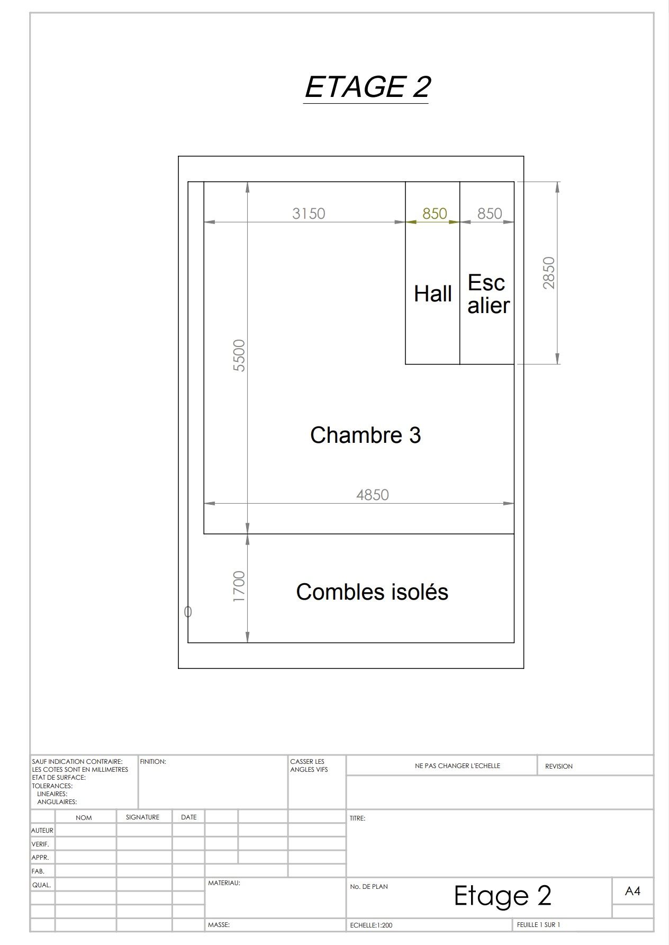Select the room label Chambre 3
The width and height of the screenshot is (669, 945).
coord(365,435)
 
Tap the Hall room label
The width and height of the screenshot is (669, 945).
coord(432,294)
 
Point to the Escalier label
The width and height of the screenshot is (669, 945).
coord(488,294)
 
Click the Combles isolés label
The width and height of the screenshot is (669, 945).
coord(372,592)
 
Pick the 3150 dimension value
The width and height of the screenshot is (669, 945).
coord(309,213)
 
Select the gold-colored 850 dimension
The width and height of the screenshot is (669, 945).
coord(435,213)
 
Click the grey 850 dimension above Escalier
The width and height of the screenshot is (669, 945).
coord(490,213)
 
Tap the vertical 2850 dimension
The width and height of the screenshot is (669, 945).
coord(549,273)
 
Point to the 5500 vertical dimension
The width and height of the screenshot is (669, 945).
coord(239,355)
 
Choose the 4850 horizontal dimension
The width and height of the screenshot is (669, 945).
coord(373,495)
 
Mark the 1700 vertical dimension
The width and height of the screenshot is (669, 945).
coord(239,586)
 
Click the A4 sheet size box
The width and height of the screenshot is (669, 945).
coord(632,891)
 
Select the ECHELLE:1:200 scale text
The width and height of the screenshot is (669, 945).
coord(371,925)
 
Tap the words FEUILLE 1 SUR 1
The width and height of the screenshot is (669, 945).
coord(538,925)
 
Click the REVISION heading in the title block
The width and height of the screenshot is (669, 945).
coord(559,766)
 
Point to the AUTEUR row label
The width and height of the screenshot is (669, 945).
coord(42,831)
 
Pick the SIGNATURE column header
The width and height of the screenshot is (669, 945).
coord(142,817)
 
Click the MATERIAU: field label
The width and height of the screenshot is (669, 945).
coord(224,883)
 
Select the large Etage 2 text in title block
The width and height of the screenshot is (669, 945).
coord(503,896)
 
